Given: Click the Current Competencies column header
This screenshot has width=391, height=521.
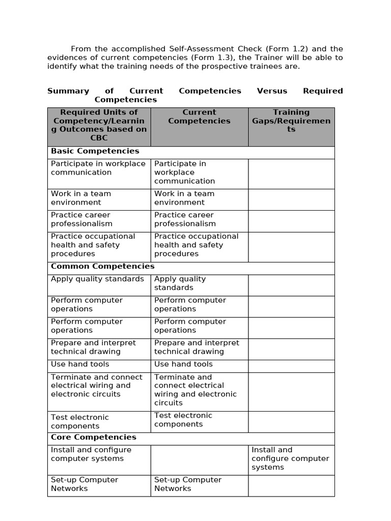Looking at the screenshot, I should (x=199, y=117).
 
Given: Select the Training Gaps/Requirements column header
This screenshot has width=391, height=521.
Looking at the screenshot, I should (x=291, y=121).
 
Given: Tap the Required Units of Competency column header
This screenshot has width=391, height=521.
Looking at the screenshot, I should (x=99, y=125).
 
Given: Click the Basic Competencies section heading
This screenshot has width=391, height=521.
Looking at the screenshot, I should (x=95, y=151).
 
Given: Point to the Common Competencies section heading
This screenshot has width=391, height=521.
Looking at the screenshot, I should (x=102, y=267).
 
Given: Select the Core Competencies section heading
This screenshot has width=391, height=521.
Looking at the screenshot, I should (x=93, y=438).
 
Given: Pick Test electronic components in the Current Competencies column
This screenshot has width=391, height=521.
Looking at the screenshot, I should (x=183, y=420).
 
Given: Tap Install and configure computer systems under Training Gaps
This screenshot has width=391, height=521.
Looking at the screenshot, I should (x=290, y=458).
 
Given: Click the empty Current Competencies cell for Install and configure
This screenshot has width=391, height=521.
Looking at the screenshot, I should (x=199, y=460).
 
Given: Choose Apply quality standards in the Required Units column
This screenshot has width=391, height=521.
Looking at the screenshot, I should (x=97, y=279).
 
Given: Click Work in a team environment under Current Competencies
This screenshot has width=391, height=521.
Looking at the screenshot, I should (x=184, y=198).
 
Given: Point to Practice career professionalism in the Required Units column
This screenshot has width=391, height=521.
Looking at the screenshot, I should (x=81, y=219).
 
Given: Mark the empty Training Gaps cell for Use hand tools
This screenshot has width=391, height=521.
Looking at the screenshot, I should (x=291, y=366).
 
